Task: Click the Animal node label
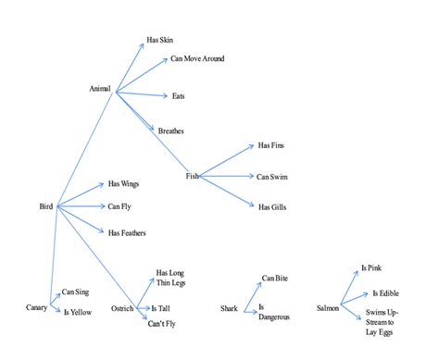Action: (99, 89)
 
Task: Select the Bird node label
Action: (45, 205)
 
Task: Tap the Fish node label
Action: (192, 176)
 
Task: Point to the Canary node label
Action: (36, 307)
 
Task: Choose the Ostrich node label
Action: (122, 307)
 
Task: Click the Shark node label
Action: (230, 307)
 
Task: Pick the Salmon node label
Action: (328, 307)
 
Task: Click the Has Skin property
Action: (159, 41)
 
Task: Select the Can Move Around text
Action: (196, 59)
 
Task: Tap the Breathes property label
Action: (171, 130)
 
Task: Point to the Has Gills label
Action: (270, 206)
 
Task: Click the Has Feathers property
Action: (127, 232)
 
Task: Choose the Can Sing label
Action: (76, 292)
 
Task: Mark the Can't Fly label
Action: (161, 323)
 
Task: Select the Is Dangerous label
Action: (274, 312)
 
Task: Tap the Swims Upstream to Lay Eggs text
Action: (380, 320)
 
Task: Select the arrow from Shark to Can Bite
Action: (252, 292)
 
